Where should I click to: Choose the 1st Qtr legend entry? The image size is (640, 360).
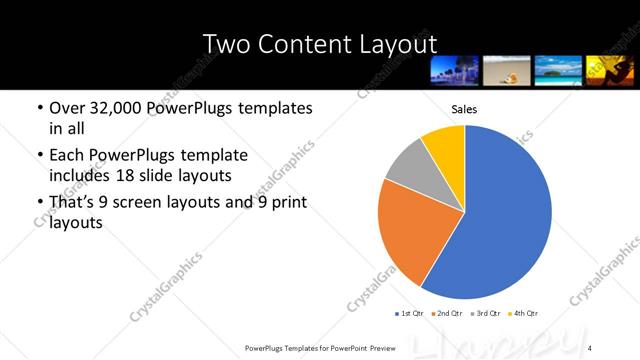point(412,313)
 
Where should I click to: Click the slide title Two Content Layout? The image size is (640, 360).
point(319,44)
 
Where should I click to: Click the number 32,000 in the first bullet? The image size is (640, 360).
point(116,108)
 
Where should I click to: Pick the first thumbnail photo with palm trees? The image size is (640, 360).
point(454,69)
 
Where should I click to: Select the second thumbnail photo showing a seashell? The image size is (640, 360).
point(505,69)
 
